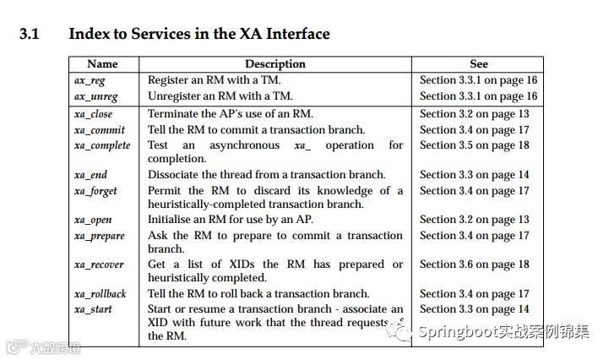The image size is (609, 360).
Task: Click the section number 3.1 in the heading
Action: pos(29,35)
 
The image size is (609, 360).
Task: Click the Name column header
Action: pos(102,64)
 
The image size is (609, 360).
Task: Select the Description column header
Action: pos(275,64)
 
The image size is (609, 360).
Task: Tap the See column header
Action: pos(478,64)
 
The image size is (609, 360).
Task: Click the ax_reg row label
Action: pos(90,80)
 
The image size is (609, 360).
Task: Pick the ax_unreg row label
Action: pos(95,96)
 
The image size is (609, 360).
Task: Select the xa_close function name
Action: pos(93,114)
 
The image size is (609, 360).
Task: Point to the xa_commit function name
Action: pos(99,130)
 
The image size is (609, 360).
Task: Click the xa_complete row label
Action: pos(102,145)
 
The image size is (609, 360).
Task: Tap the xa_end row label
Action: pos(90,175)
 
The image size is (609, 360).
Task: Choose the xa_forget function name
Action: pos(95,190)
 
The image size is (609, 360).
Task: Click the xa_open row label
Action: pos(92,220)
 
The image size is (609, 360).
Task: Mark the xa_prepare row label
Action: pos(99,236)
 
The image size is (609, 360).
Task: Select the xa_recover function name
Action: pos(99,265)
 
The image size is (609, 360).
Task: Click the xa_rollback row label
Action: pos(100,294)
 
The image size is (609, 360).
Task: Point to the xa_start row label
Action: pos(92,309)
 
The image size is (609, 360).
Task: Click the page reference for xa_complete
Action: pos(475,145)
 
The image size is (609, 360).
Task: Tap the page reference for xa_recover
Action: pos(475,265)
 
